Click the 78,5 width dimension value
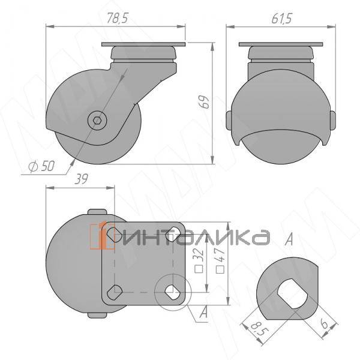118,18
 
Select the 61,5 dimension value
282,19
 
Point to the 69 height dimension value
204,101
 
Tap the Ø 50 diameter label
42,166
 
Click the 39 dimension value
81,179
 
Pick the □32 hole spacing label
199,260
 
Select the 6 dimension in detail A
324,324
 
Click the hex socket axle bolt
96,120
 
